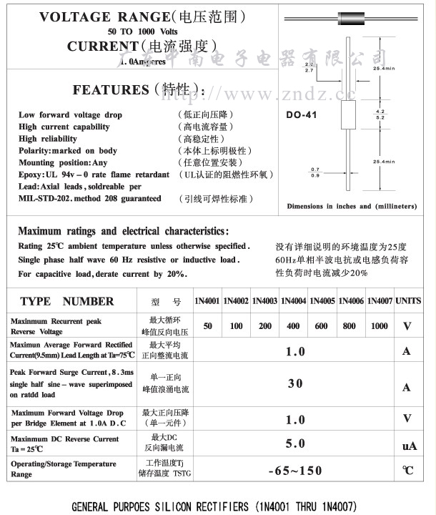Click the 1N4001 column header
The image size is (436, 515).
point(207,301)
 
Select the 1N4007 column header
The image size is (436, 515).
point(380,301)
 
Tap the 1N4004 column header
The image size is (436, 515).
point(293,301)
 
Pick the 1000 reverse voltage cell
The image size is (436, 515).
point(380,325)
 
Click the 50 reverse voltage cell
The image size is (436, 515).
point(207,325)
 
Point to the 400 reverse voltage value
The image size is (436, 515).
point(293,325)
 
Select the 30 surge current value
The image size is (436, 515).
point(294,383)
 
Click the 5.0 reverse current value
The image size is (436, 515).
point(294,443)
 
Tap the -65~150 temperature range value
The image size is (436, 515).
point(294,471)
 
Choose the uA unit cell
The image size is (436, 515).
point(409,446)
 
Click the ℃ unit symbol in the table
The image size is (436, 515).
point(408,471)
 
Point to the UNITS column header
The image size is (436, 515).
point(408,301)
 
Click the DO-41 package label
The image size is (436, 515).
point(301,114)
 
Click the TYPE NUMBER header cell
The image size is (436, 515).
point(67,301)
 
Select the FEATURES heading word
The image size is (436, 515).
point(109,90)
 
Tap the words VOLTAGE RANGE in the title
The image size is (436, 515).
point(86,16)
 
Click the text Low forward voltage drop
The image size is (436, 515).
point(70,114)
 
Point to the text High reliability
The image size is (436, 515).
point(48,139)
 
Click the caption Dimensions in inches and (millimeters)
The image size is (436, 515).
point(352,206)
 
